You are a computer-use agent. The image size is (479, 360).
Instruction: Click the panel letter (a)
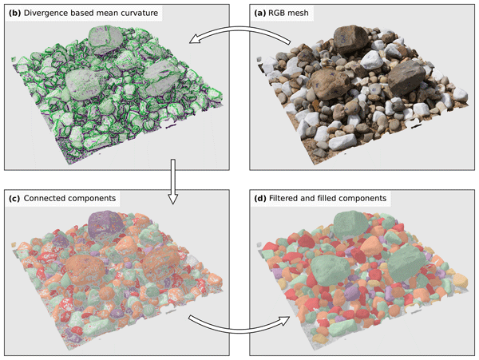coord(260,13)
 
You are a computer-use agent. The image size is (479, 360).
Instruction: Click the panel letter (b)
coord(14,13)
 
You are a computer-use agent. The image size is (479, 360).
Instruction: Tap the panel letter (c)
coord(14,199)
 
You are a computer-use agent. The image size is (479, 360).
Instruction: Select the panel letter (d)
coord(260,199)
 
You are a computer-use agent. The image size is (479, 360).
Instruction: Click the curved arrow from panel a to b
coord(239,30)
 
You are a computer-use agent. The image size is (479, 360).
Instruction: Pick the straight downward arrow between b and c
coord(173,181)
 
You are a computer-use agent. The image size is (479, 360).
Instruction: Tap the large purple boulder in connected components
coord(105,225)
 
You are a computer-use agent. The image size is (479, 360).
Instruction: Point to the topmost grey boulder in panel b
coord(105,40)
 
